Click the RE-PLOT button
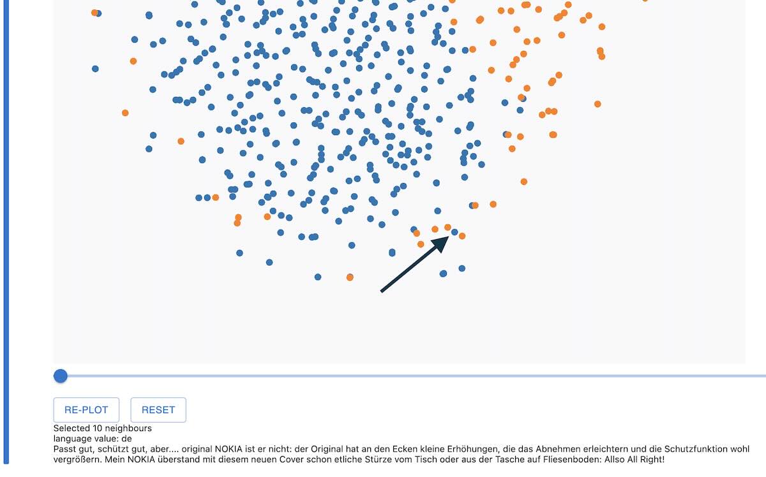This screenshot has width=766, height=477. pos(86,410)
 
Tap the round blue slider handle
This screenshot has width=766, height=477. pos(61,376)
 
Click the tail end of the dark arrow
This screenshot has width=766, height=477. pos(382,291)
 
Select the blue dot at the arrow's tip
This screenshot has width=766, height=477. pos(454,232)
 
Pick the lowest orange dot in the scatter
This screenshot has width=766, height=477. pos(350,277)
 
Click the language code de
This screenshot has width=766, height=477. pos(127,439)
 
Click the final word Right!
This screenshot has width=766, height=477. pos(651,459)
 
